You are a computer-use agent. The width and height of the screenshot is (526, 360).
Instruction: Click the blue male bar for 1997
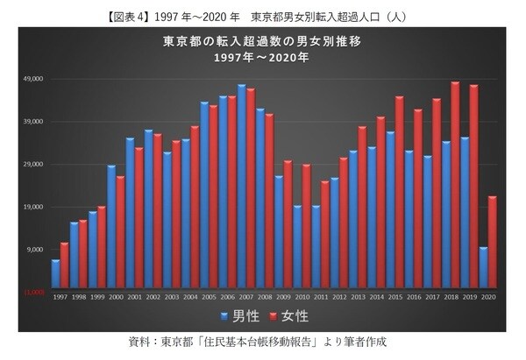[55, 274]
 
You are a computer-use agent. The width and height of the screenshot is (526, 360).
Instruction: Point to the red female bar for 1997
[65, 265]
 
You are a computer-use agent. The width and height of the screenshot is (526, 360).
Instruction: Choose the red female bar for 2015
[399, 193]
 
